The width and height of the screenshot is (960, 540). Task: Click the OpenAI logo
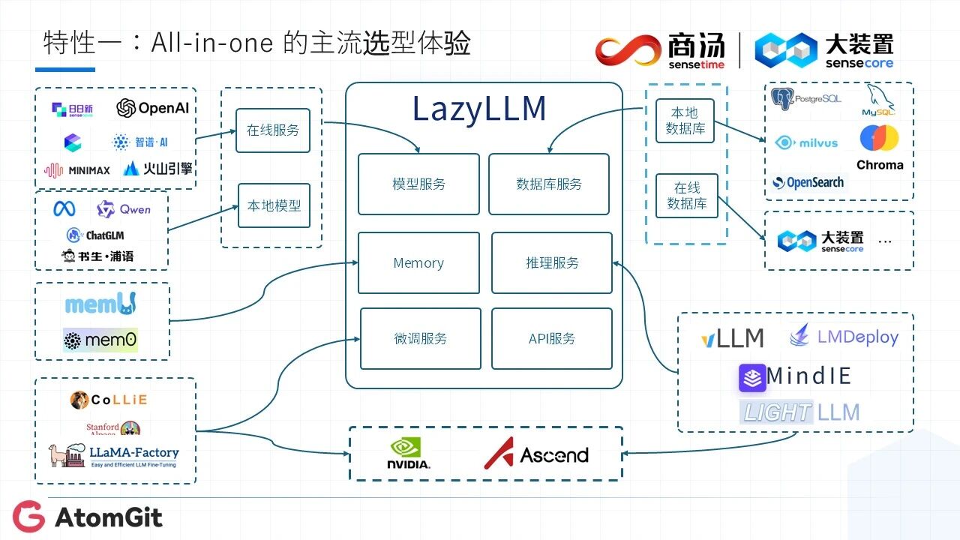pyautogui.click(x=153, y=109)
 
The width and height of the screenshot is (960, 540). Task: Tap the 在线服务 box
pyautogui.click(x=273, y=130)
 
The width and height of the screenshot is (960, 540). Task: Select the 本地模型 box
pyautogui.click(x=274, y=205)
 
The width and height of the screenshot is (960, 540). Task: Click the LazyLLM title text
pyautogui.click(x=479, y=109)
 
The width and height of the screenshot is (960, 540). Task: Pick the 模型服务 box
pyautogui.click(x=418, y=184)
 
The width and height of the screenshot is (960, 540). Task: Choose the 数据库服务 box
pyautogui.click(x=549, y=184)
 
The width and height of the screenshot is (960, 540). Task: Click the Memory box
pyautogui.click(x=418, y=263)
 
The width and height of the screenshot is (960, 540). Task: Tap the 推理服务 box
pyautogui.click(x=552, y=263)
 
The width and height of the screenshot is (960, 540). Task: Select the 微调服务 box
pyautogui.click(x=420, y=339)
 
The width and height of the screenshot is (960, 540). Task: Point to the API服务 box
pyautogui.click(x=552, y=339)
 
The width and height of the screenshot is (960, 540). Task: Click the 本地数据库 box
pyautogui.click(x=685, y=121)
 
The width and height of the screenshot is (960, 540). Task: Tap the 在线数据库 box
pyautogui.click(x=687, y=196)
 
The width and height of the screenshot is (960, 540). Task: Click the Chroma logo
pyautogui.click(x=880, y=148)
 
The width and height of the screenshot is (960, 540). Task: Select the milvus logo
pyautogui.click(x=806, y=142)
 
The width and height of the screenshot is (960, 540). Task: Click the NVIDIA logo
pyautogui.click(x=409, y=454)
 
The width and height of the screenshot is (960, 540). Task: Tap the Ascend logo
pyautogui.click(x=535, y=454)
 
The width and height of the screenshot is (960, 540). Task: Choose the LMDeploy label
pyautogui.click(x=844, y=337)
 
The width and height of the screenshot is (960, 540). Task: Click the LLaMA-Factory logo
pyautogui.click(x=114, y=455)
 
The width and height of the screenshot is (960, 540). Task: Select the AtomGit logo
pyautogui.click(x=87, y=517)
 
